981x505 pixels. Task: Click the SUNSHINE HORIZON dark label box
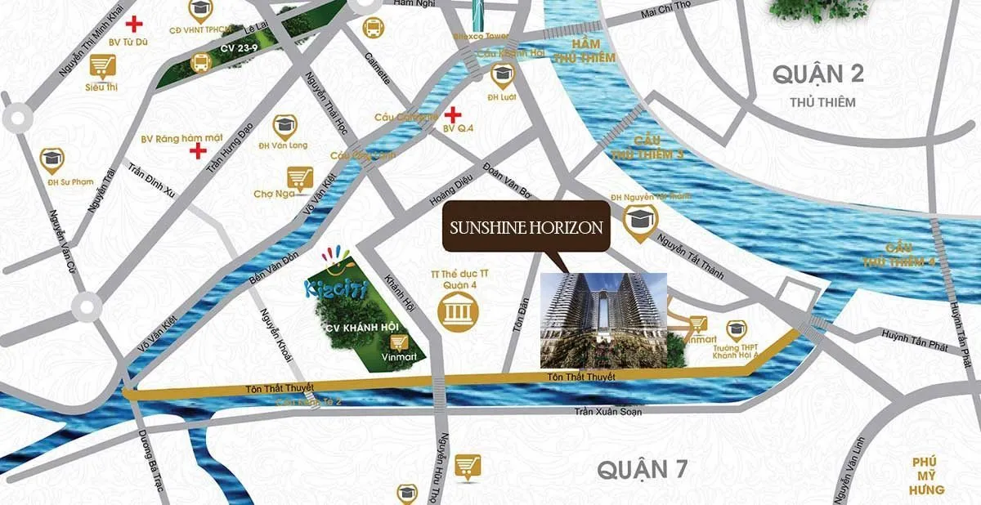(527, 228)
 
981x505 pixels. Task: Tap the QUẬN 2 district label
(818, 75)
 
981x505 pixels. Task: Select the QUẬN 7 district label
(642, 470)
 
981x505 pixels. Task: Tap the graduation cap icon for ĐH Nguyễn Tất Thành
(638, 219)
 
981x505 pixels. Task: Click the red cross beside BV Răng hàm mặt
(197, 150)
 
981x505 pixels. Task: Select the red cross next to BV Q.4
(452, 114)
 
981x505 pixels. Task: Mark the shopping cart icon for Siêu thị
(101, 65)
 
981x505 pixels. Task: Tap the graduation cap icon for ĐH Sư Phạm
(52, 159)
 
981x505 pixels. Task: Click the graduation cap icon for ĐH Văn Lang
(284, 126)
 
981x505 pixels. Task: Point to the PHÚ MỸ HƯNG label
(929, 476)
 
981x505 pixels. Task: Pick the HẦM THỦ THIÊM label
(584, 51)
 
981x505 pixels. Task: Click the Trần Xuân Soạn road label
(607, 412)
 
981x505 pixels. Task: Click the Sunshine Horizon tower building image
(603, 320)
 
